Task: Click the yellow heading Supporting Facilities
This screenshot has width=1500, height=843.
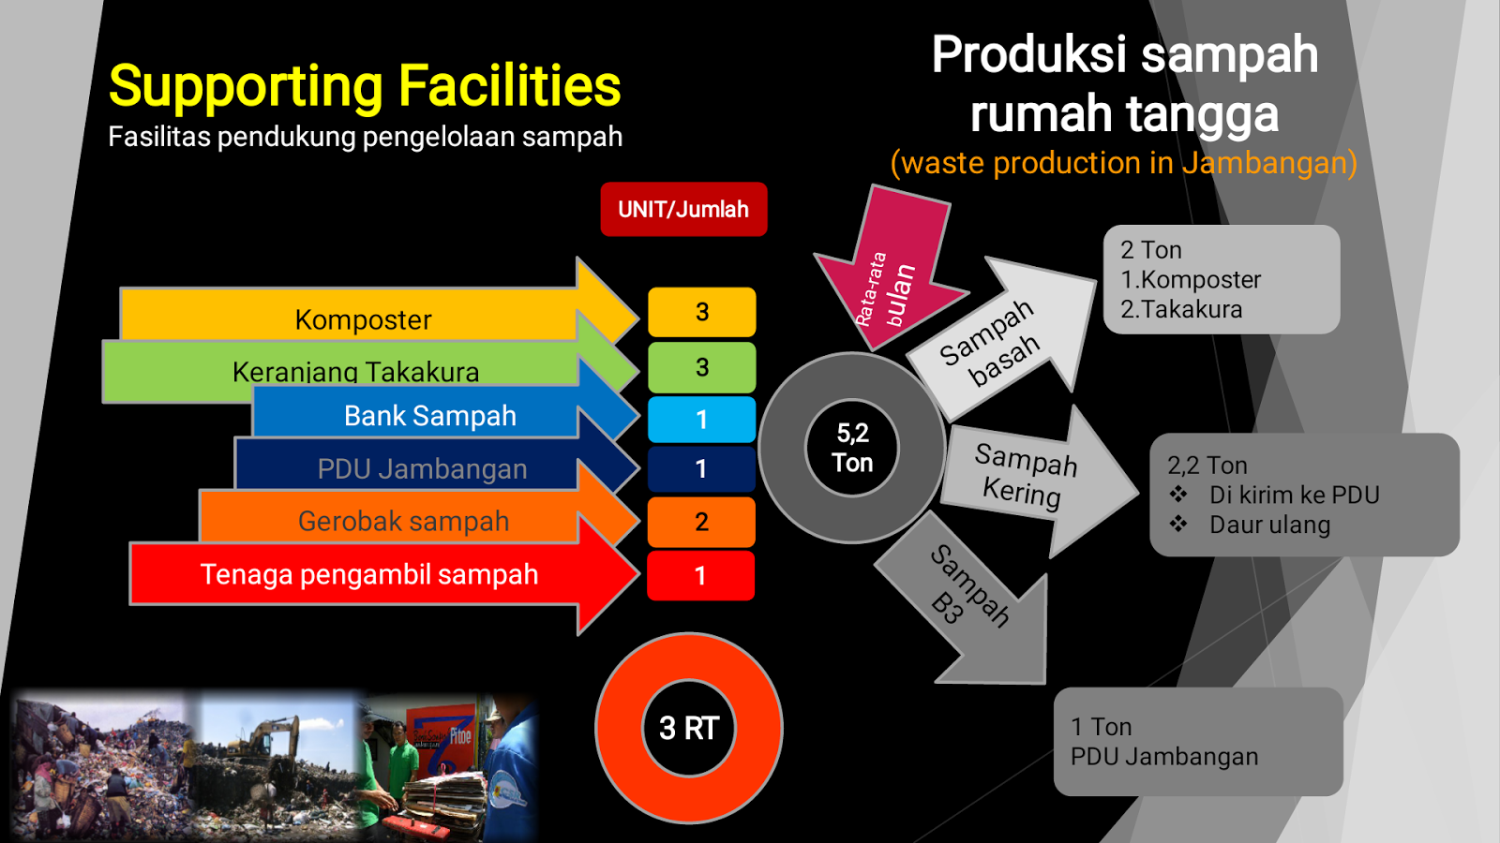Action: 365,86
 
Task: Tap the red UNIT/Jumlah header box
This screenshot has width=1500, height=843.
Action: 683,209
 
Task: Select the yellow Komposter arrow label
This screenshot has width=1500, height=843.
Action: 363,319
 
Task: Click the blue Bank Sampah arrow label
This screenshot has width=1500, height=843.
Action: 429,416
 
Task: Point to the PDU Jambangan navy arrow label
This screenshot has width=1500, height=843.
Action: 422,468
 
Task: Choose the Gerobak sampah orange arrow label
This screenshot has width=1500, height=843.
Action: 403,521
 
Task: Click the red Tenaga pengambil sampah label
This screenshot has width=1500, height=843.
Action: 369,574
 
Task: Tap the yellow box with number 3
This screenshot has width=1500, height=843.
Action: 701,312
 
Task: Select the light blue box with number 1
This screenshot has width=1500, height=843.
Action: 701,420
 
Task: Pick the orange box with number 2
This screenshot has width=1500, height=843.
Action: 701,522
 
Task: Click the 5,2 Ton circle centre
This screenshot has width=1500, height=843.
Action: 852,448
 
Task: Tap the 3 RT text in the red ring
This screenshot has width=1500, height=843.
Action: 689,728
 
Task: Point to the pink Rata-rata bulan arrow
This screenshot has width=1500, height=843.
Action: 891,272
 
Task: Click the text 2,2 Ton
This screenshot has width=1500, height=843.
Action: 1207,466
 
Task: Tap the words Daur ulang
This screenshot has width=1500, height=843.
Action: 1269,525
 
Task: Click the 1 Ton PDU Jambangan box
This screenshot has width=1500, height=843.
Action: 1198,742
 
